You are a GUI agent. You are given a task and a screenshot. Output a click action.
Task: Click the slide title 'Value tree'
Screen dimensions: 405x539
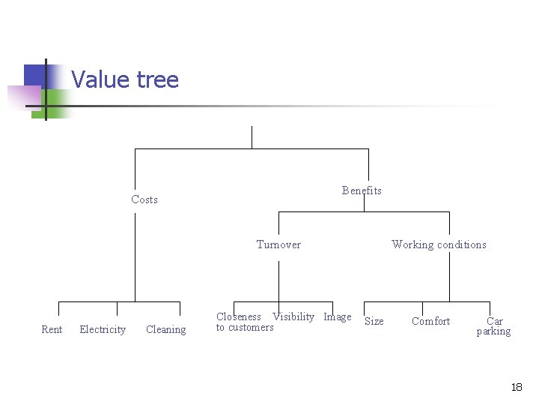[125, 79]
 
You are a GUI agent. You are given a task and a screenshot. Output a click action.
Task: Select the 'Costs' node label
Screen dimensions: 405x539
[144, 199]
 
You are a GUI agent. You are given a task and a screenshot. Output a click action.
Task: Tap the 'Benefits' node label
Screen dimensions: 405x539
[362, 190]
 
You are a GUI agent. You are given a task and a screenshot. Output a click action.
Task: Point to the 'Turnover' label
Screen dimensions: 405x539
[278, 244]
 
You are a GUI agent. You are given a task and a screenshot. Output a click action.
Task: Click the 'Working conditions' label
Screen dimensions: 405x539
[439, 244]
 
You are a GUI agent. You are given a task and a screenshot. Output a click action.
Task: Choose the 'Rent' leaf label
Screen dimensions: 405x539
[52, 330]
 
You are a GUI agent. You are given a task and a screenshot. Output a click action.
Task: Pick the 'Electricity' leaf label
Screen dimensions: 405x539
[103, 330]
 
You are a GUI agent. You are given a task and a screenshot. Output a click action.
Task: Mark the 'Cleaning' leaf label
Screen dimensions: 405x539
[165, 330]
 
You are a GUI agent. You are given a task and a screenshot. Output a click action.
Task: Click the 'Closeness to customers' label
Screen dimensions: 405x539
[244, 322]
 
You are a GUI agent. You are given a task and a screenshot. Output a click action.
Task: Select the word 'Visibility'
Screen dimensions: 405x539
[293, 317]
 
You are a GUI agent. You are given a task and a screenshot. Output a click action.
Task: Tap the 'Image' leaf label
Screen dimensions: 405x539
[337, 317]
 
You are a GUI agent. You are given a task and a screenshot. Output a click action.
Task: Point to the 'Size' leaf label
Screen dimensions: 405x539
[374, 322]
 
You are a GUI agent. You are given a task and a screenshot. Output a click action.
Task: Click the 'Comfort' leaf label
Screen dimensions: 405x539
[430, 322]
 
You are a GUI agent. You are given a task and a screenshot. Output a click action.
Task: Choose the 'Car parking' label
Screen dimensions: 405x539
[494, 326]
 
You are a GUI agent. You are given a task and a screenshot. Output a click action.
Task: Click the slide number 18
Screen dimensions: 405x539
[517, 388]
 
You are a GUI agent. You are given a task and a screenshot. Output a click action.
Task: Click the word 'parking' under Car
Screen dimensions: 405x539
[494, 331]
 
